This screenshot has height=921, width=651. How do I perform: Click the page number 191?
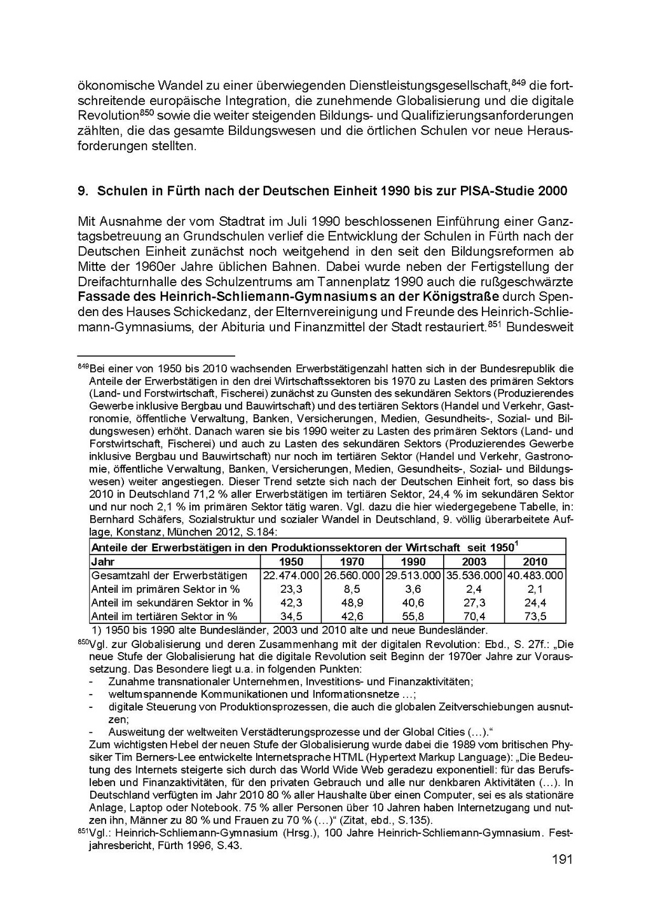click(x=562, y=860)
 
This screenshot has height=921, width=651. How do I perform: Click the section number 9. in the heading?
click(x=82, y=191)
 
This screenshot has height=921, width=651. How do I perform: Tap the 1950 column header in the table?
click(x=291, y=562)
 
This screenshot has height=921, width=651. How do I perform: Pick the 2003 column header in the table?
click(x=474, y=562)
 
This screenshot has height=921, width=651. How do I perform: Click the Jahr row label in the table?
click(x=103, y=562)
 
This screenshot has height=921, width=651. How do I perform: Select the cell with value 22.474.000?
click(x=291, y=576)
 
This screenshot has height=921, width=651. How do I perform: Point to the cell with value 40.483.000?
click(x=535, y=576)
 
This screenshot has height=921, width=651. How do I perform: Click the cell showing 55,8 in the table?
click(x=413, y=616)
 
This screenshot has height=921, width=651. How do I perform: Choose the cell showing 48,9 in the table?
click(x=352, y=602)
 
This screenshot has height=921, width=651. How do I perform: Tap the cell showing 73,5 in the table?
click(x=535, y=616)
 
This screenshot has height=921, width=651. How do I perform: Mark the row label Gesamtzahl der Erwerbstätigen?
click(x=169, y=576)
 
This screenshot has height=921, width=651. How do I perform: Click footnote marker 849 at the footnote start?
click(x=83, y=366)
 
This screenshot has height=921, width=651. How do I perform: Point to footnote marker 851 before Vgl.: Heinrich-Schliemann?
click(x=83, y=831)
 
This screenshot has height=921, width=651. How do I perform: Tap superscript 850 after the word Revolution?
click(x=147, y=113)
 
